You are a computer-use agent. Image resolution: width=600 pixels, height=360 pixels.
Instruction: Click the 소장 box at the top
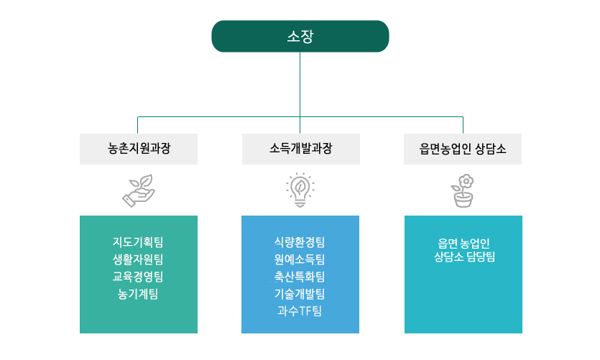tap(300, 36)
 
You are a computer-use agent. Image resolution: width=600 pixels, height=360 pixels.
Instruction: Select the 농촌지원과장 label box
tap(139, 149)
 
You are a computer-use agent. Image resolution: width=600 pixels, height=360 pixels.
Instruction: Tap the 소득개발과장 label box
tap(300, 149)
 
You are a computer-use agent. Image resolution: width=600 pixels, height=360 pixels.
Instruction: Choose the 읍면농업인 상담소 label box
tap(463, 149)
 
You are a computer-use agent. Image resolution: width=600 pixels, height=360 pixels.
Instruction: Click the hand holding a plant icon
tap(139, 190)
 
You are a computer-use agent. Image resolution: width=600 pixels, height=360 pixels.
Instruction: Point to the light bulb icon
tap(300, 190)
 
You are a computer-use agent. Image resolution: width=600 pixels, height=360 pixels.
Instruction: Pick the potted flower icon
tap(463, 190)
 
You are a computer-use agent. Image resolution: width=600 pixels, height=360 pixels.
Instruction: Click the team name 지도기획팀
tap(139, 241)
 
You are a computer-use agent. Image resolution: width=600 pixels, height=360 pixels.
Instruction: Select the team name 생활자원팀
tap(139, 259)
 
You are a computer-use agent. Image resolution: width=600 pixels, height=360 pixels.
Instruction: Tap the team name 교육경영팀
tap(139, 276)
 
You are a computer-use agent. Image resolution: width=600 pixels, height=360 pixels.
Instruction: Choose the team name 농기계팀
tap(139, 293)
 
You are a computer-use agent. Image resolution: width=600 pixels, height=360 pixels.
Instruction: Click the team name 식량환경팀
tap(300, 241)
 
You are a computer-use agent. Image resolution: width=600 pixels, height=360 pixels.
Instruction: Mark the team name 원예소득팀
tap(300, 259)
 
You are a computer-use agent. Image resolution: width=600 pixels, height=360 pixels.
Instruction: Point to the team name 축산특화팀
tap(300, 276)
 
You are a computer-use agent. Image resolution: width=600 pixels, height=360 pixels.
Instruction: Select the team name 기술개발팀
tap(300, 293)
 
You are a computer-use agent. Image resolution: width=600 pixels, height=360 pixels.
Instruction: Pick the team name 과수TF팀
tap(300, 310)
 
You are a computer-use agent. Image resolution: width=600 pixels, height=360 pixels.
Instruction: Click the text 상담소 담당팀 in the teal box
tap(463, 257)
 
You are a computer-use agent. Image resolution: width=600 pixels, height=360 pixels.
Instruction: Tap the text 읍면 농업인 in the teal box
tap(463, 242)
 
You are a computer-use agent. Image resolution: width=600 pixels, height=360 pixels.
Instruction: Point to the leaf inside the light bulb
tap(300, 188)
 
